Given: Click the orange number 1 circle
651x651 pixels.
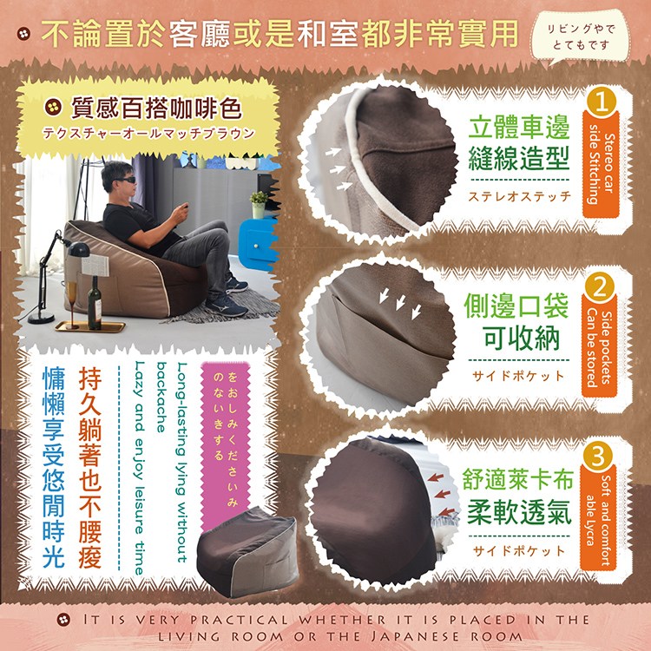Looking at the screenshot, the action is (x=602, y=102).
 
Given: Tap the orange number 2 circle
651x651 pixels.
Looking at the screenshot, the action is (x=599, y=287).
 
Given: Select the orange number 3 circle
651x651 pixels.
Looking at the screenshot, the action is (x=598, y=457).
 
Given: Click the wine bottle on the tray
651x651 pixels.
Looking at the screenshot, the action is (x=95, y=303).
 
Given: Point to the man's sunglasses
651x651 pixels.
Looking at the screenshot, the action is (x=123, y=180).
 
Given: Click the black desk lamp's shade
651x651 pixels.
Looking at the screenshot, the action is (x=79, y=249).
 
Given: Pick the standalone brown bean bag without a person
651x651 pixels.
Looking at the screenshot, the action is (x=247, y=551).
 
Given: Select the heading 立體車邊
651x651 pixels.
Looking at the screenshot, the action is (x=519, y=128).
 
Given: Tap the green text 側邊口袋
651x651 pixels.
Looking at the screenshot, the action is (x=516, y=306).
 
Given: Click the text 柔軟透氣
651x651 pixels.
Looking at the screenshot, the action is (x=519, y=512).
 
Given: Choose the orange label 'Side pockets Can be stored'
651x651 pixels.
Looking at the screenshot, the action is (x=599, y=348).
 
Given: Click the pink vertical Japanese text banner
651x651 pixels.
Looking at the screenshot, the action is (x=225, y=436).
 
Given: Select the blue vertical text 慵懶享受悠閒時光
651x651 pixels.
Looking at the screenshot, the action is (x=54, y=467).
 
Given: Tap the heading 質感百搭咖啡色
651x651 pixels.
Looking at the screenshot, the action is (x=156, y=108).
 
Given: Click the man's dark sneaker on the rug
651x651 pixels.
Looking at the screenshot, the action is (x=227, y=306).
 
